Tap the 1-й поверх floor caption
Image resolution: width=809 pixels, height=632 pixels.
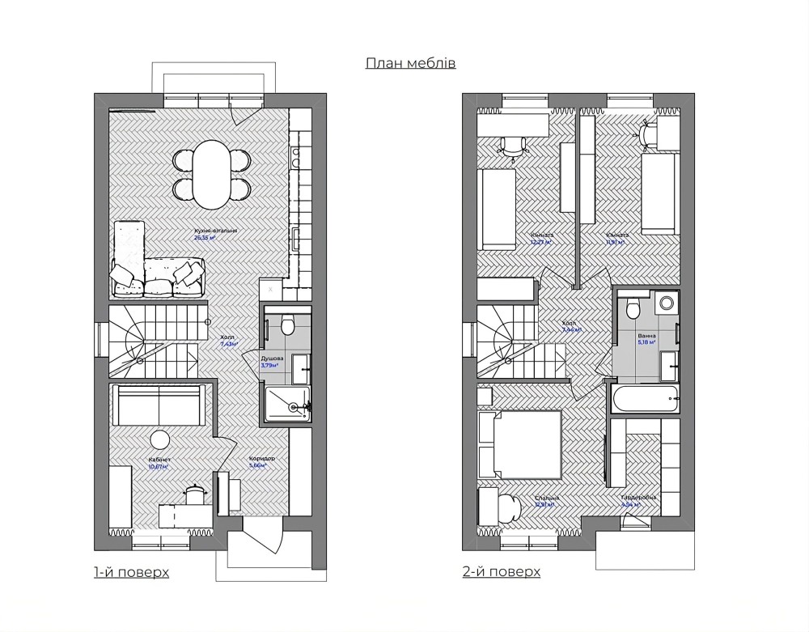tap(131, 572)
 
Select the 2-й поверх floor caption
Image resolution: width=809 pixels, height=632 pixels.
tap(502, 572)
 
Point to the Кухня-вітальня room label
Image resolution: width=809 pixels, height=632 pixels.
tap(215, 231)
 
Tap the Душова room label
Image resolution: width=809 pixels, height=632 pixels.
tap(272, 357)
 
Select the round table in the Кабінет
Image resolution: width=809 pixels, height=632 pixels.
tap(159, 439)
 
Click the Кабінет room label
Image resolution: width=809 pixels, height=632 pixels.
tap(159, 459)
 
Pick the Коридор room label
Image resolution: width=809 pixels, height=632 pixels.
tap(261, 459)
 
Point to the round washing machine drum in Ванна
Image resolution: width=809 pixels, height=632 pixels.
tap(667, 304)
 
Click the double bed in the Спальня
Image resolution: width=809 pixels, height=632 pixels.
tap(519, 445)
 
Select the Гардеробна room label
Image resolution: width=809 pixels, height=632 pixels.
tap(638, 498)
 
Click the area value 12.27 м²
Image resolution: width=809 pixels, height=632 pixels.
tap(541, 241)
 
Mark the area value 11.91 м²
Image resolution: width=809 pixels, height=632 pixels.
tap(617, 241)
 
